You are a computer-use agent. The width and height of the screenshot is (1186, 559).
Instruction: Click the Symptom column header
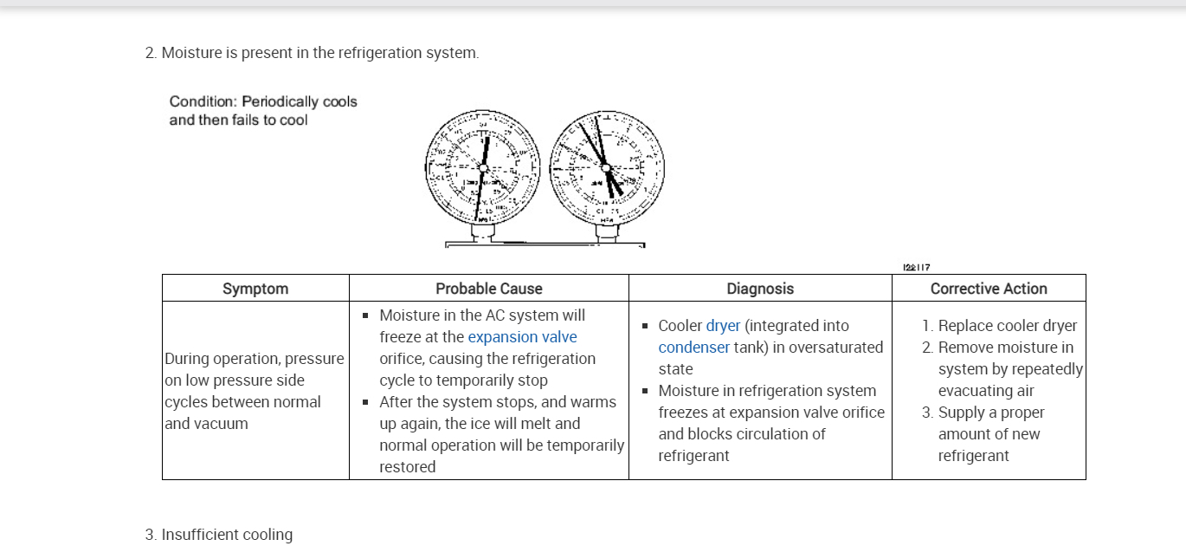point(255,289)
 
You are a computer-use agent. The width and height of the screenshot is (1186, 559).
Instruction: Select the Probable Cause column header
point(489,289)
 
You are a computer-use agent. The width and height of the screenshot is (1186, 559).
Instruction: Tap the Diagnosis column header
point(760,289)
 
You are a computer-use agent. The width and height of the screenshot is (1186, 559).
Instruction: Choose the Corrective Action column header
point(989,289)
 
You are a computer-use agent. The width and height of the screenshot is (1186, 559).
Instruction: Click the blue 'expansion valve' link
point(522,337)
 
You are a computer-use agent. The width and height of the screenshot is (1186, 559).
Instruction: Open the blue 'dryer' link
point(723,326)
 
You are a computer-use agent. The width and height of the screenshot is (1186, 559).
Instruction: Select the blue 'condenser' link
point(693,348)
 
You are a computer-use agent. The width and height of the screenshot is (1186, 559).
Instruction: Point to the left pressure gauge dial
point(482,166)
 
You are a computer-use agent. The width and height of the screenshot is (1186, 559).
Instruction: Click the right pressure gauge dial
point(607,166)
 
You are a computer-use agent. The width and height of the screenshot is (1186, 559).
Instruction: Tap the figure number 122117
point(916,268)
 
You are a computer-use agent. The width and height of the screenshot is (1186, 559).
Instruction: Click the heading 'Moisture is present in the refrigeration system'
point(319,53)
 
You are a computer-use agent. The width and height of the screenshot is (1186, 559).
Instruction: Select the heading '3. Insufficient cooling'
point(219,535)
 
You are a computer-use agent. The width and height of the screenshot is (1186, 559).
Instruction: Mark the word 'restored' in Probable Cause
point(407,467)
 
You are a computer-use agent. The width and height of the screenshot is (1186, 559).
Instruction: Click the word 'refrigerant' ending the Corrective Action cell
point(973,456)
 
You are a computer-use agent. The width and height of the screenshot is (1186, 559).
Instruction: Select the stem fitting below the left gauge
point(482,231)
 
